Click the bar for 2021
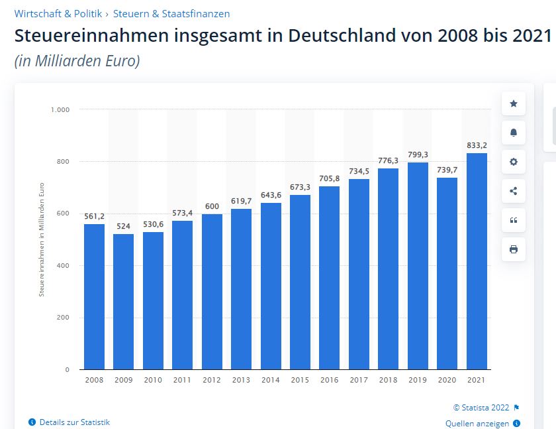[477, 261]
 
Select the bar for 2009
[123, 302]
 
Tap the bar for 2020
[447, 273]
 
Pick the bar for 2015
[300, 282]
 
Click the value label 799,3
[418, 154]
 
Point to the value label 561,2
[94, 216]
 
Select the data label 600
[211, 206]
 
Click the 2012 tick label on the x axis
[211, 380]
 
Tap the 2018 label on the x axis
[388, 380]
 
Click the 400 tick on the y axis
[64, 266]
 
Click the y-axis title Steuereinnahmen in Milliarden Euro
[42, 239]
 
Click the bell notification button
[513, 133]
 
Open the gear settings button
[513, 162]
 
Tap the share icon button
[513, 191]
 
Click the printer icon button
[513, 249]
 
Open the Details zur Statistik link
[74, 422]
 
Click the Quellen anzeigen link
[477, 424]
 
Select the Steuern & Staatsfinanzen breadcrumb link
[171, 13]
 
